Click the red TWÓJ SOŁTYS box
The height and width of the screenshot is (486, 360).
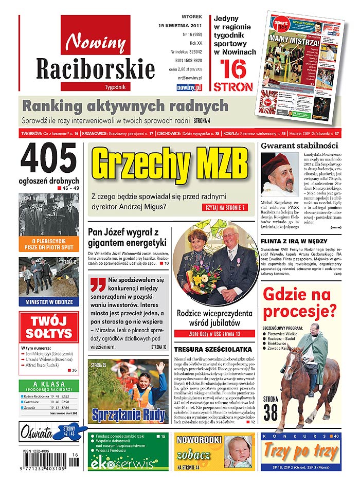(49, 327)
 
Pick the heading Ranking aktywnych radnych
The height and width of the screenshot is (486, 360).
(125, 106)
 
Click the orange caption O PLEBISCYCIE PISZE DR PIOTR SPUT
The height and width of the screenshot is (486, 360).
(49, 244)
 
